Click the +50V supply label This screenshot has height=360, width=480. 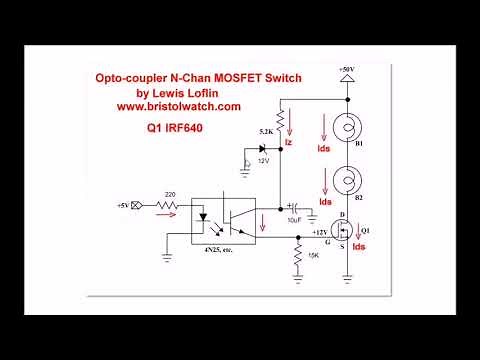[x=346, y=69]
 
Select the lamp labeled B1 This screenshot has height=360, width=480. [x=346, y=128]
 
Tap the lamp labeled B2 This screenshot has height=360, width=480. [x=346, y=183]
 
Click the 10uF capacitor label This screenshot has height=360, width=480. [x=293, y=219]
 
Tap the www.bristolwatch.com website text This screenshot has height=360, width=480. [x=178, y=106]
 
